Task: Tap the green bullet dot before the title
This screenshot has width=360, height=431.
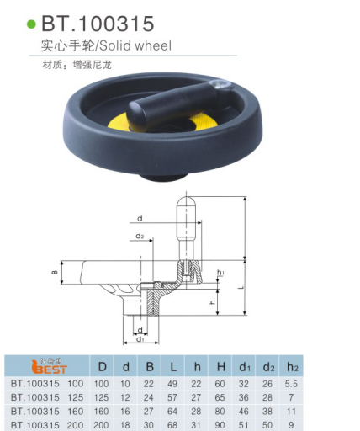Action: (33, 24)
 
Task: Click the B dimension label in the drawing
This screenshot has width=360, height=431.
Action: (55, 272)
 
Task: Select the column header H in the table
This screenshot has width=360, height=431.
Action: (220, 367)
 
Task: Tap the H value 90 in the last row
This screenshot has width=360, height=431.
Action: (220, 424)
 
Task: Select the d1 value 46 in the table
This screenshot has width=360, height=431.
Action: (245, 411)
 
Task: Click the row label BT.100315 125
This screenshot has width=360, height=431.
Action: (46, 397)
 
